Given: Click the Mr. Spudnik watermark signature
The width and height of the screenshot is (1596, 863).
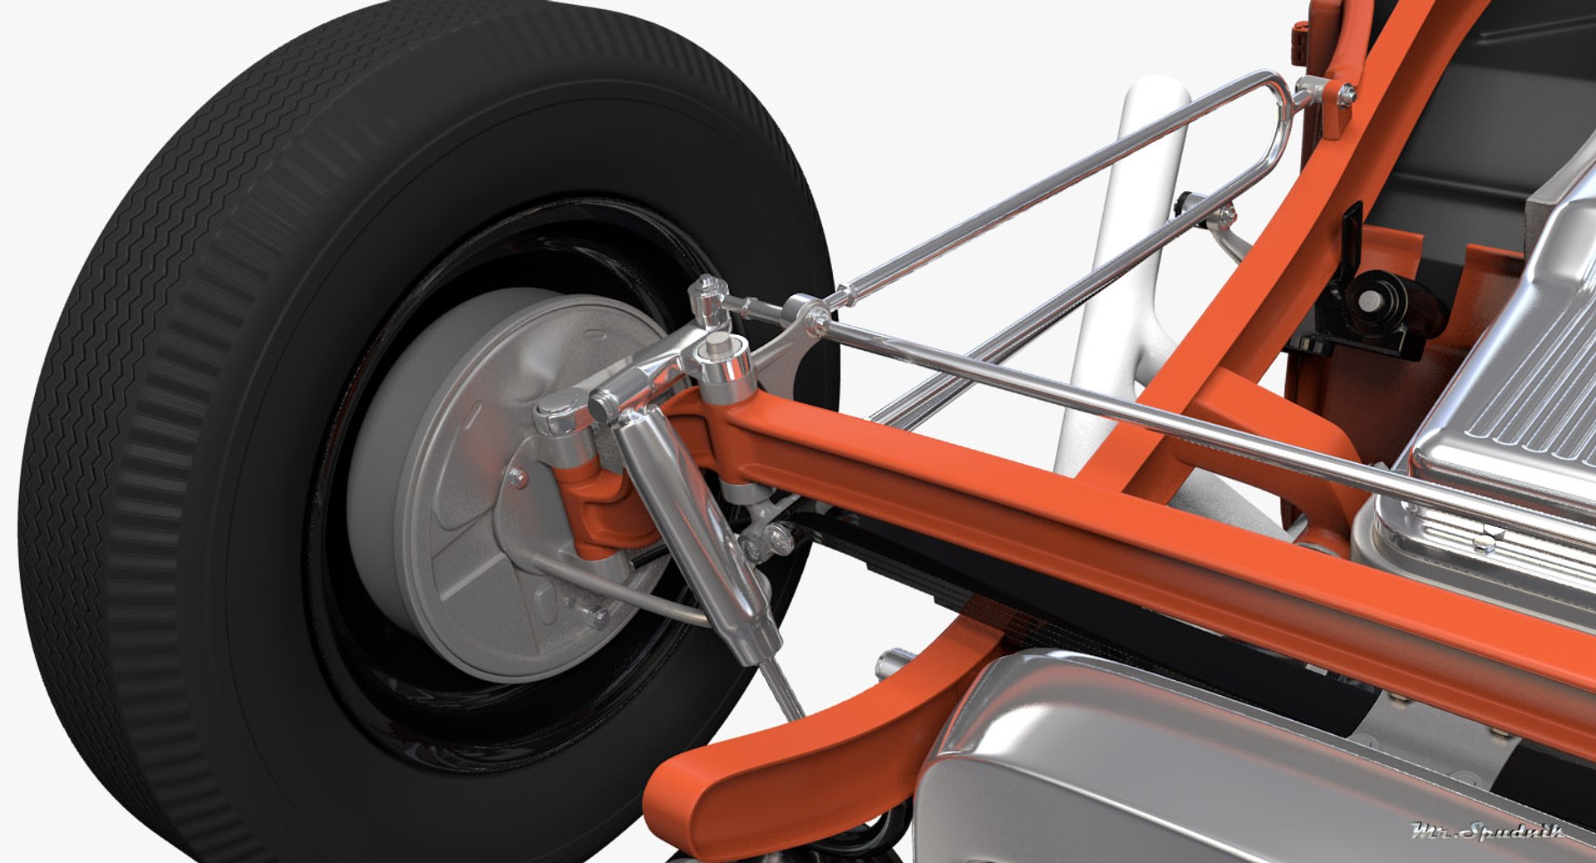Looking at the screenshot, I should click(x=1488, y=831).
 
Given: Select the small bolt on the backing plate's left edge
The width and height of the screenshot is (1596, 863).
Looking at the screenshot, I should click(x=518, y=478).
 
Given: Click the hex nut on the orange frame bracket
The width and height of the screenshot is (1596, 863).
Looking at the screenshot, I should click(x=1346, y=95).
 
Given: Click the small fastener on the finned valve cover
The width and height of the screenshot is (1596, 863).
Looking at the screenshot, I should click(x=1480, y=545).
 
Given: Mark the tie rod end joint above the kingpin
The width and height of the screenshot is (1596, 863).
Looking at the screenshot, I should click(x=707, y=295).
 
